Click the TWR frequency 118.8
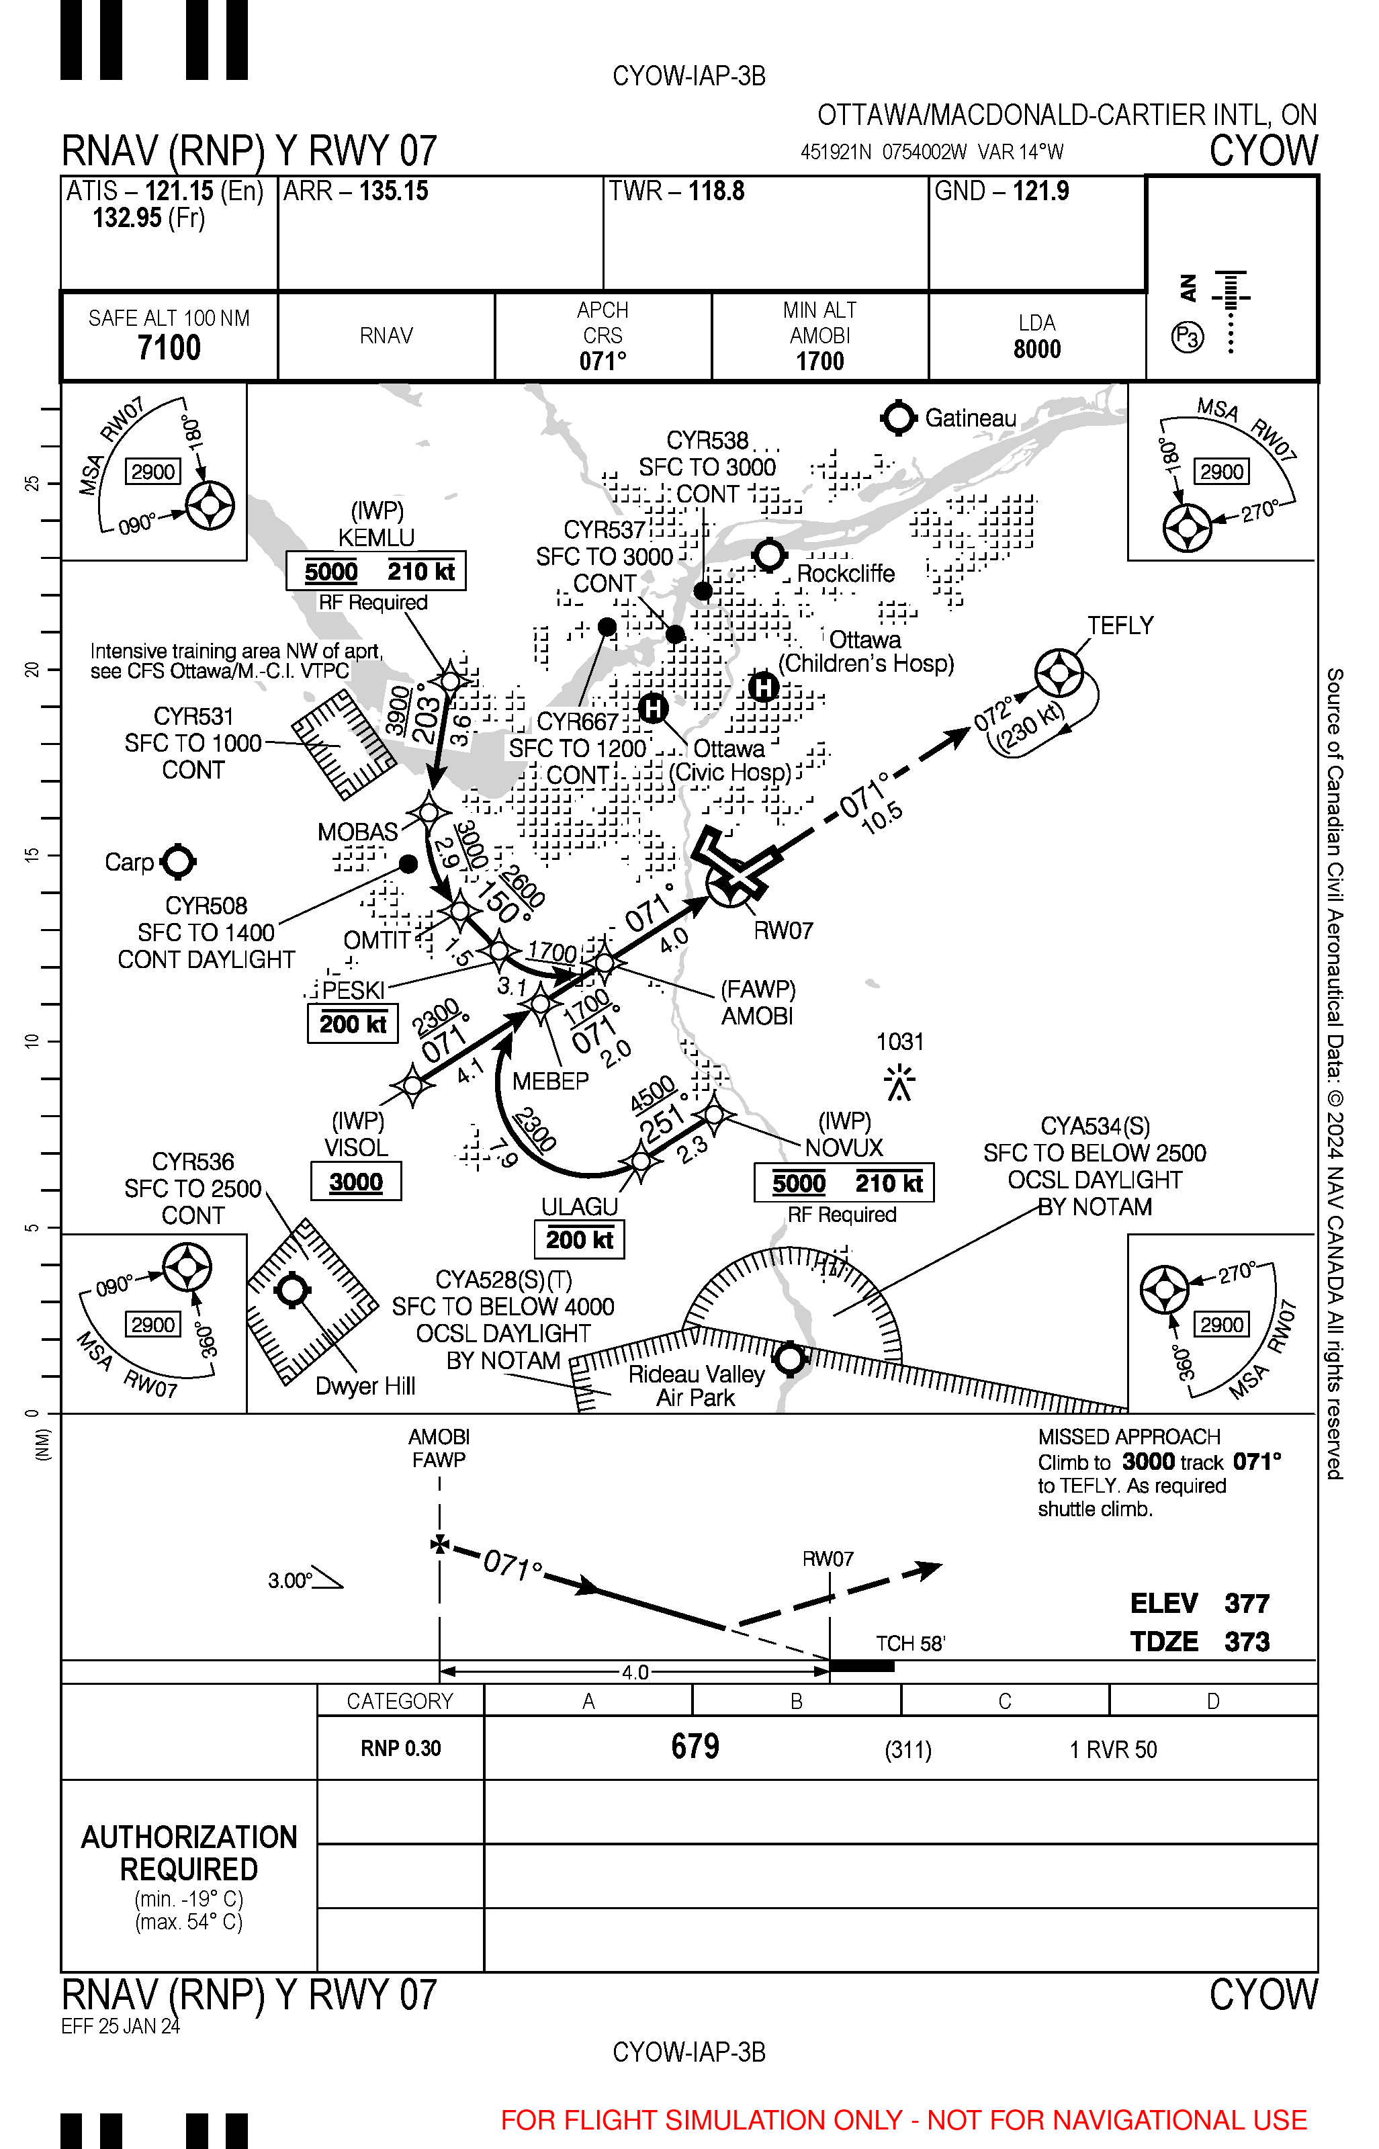[x=715, y=191]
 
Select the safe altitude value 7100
[x=169, y=347]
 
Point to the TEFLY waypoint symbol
[x=1059, y=672]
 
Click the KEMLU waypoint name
[x=376, y=537]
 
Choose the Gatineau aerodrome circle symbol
[x=898, y=418]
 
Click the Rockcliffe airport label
[x=845, y=573]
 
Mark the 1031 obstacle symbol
[x=899, y=1082]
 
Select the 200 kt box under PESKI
[x=353, y=1024]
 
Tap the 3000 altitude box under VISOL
[x=355, y=1182]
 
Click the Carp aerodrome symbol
[x=178, y=861]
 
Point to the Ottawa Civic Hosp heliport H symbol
[x=654, y=708]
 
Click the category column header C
[x=1005, y=1700]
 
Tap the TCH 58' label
[x=909, y=1643]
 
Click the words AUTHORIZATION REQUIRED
[x=189, y=1853]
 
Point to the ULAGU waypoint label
[x=580, y=1207]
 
